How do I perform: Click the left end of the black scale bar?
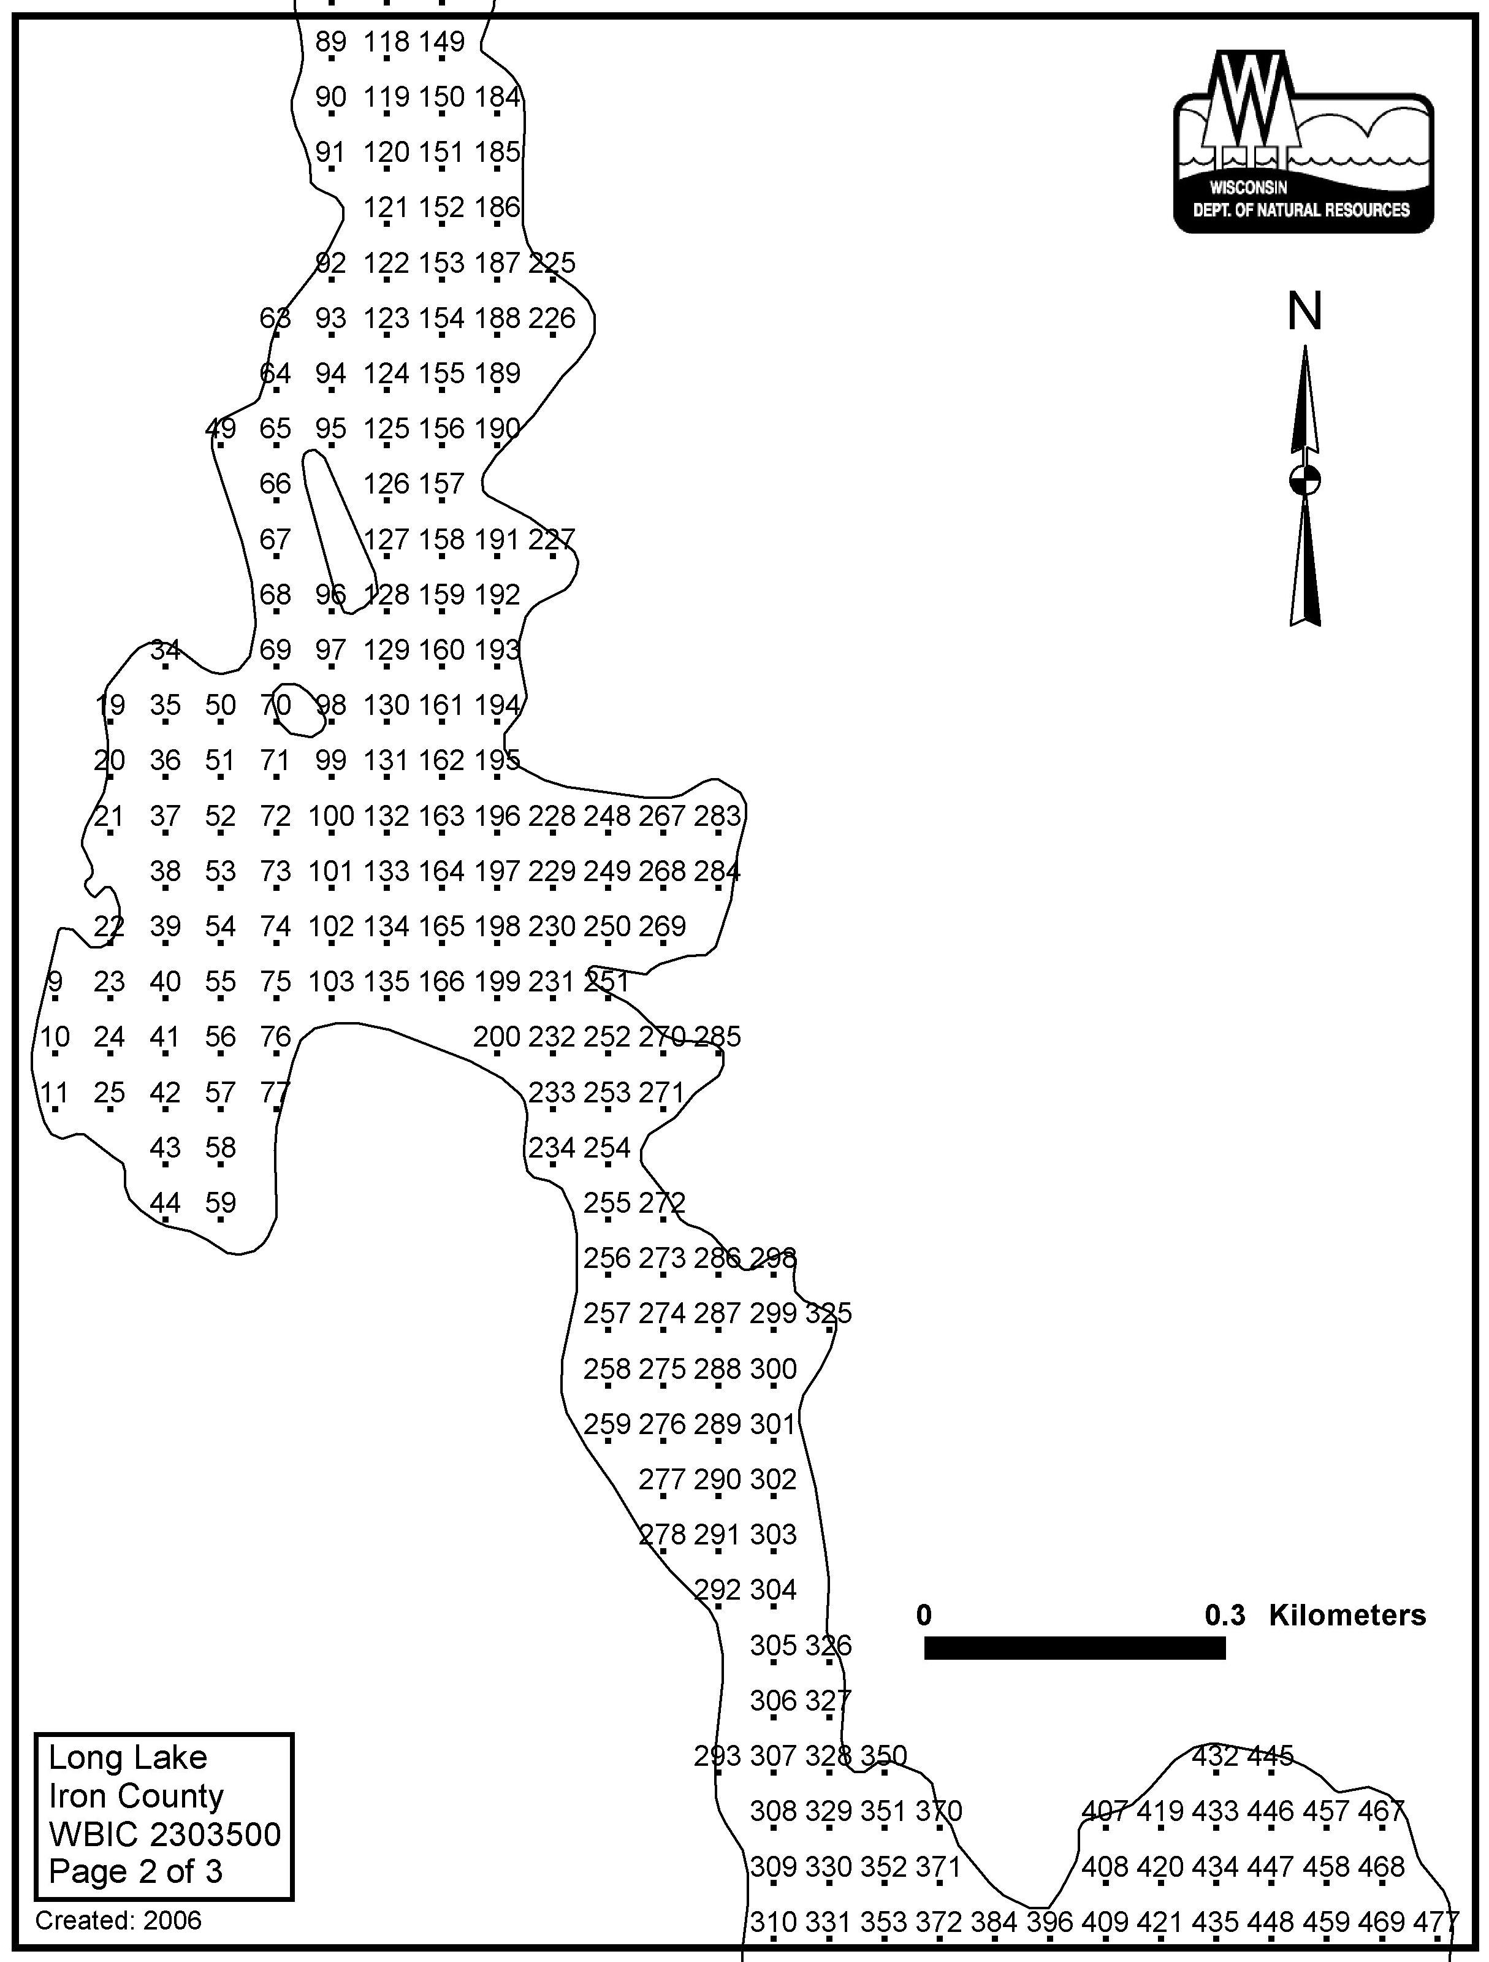(x=925, y=1648)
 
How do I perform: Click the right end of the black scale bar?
(x=1225, y=1648)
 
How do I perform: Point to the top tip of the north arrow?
(x=1304, y=346)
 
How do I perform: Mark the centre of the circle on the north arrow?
(x=1304, y=480)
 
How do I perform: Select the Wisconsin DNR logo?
(x=1303, y=142)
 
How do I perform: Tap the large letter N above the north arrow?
(x=1304, y=311)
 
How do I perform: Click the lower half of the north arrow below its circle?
(x=1304, y=560)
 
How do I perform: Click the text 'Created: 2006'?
(x=118, y=1920)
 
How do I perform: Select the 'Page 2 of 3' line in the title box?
(x=135, y=1871)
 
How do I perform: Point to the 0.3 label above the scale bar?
(x=1225, y=1615)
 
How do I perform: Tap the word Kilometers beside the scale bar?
(x=1347, y=1615)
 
